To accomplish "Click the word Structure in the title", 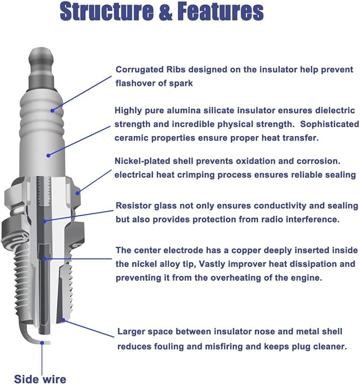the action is (107, 12).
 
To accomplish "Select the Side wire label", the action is (40, 379).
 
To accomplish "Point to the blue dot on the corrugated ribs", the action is (52, 110).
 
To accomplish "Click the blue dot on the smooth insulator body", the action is (48, 155).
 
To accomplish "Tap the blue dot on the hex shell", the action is (77, 193).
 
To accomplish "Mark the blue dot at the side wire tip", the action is (42, 343).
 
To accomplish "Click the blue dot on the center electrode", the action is (44, 259).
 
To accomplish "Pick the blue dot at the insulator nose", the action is (63, 320).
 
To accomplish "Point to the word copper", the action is (248, 251).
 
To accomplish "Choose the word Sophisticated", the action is (330, 124).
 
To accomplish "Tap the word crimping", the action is (195, 175).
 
